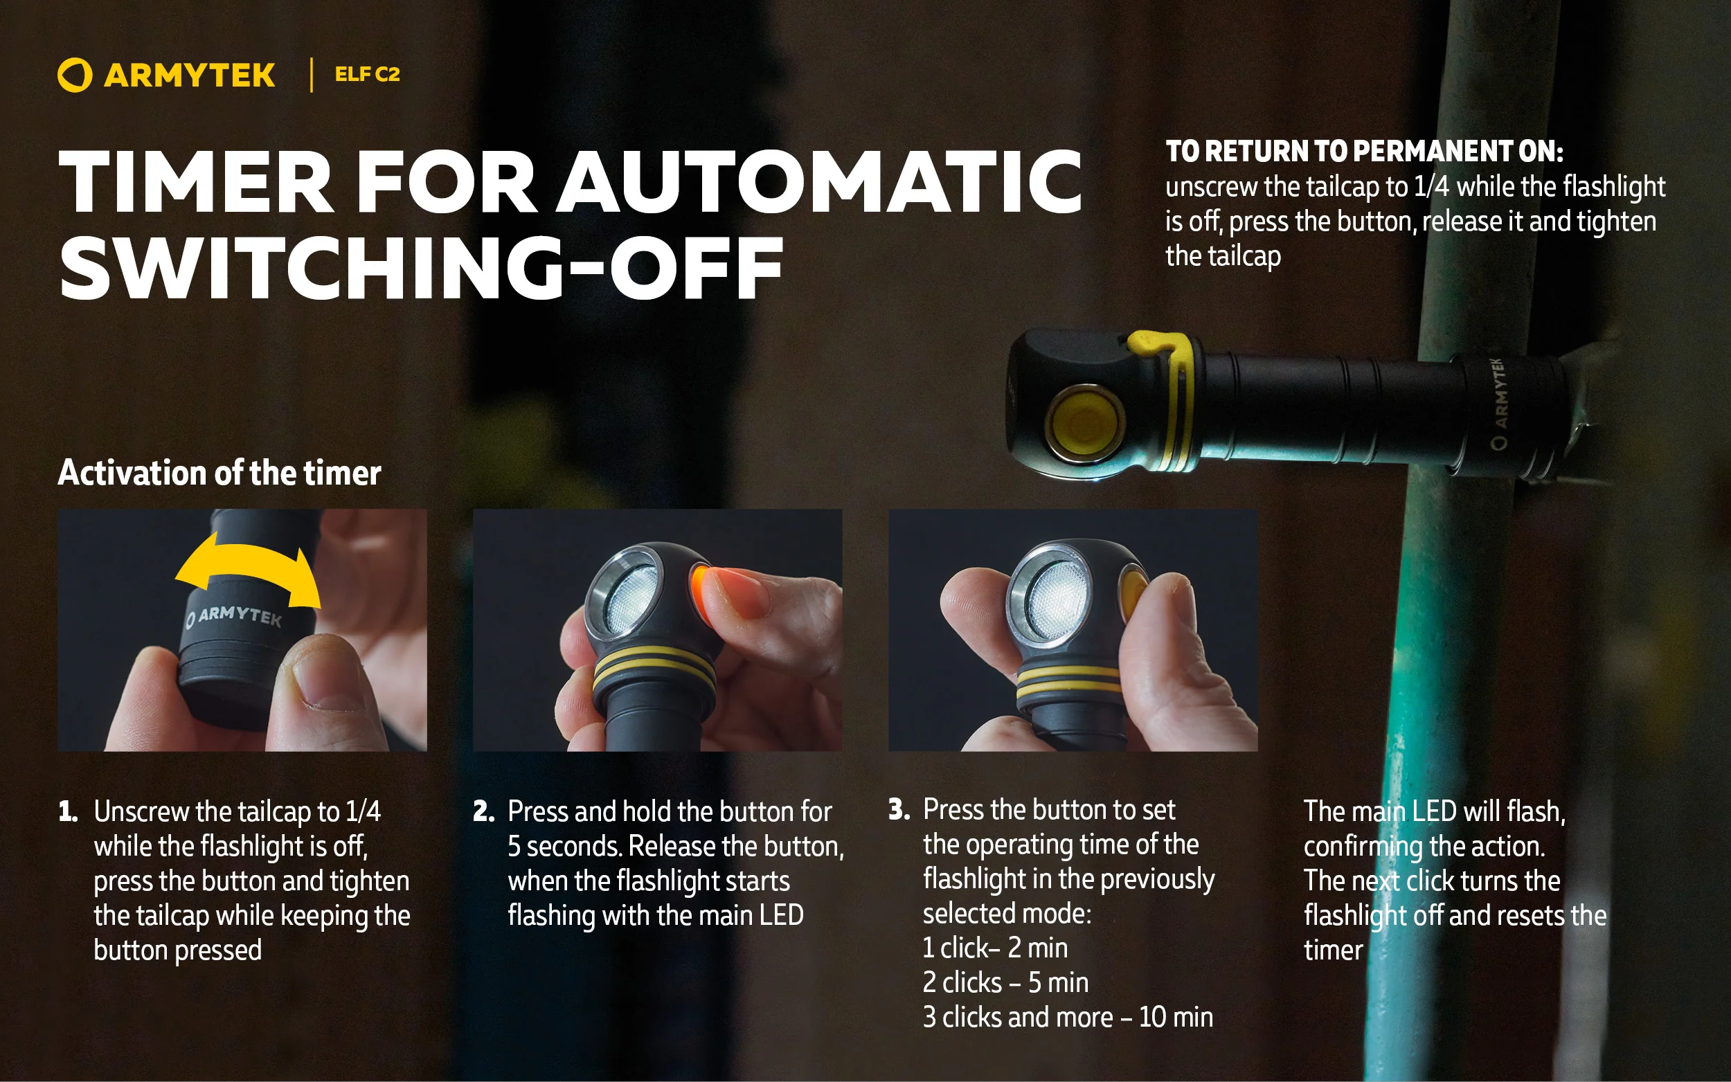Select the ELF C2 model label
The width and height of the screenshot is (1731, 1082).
[367, 75]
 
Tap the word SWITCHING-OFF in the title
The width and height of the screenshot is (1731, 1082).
[422, 269]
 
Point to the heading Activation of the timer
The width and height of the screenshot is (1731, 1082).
[219, 473]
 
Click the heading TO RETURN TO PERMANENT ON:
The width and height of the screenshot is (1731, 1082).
[1364, 151]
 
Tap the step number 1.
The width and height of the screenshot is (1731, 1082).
[67, 811]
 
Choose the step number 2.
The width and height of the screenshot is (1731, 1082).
[484, 811]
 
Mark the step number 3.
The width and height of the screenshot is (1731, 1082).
[899, 809]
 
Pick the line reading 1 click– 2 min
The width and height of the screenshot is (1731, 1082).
[995, 948]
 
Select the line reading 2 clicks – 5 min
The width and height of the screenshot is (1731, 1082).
[1005, 982]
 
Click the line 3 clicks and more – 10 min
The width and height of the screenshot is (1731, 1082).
[1068, 1017]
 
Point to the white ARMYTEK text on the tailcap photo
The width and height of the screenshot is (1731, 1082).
[233, 616]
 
